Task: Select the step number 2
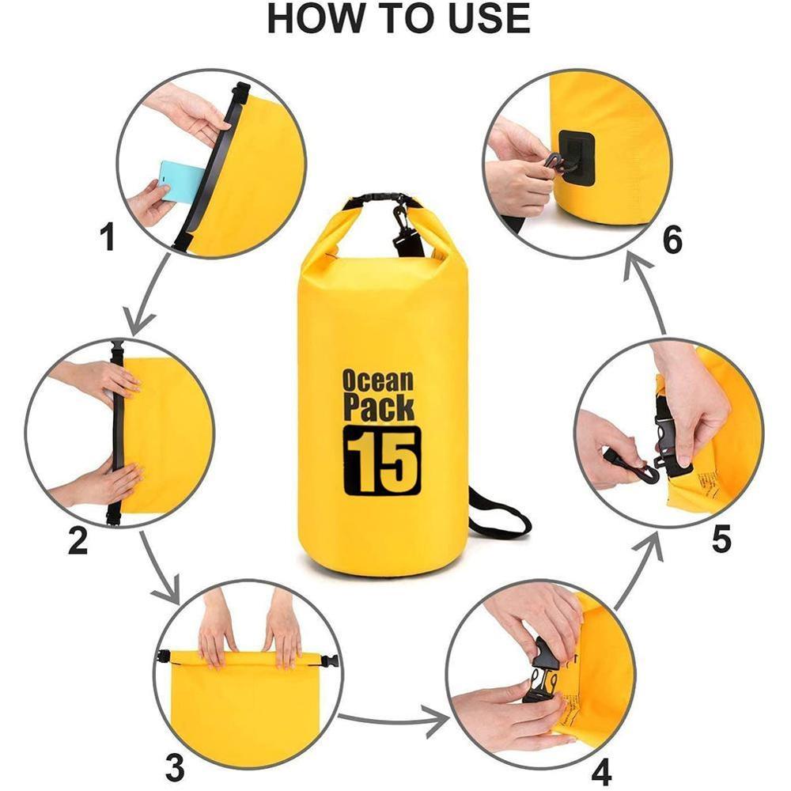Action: click(78, 540)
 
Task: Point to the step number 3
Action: click(175, 766)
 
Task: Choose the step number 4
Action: click(601, 771)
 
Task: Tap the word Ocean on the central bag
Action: click(378, 380)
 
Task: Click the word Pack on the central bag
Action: click(378, 407)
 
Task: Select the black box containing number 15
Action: click(381, 460)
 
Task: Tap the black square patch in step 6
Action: click(576, 158)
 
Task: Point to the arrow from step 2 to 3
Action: click(158, 566)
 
